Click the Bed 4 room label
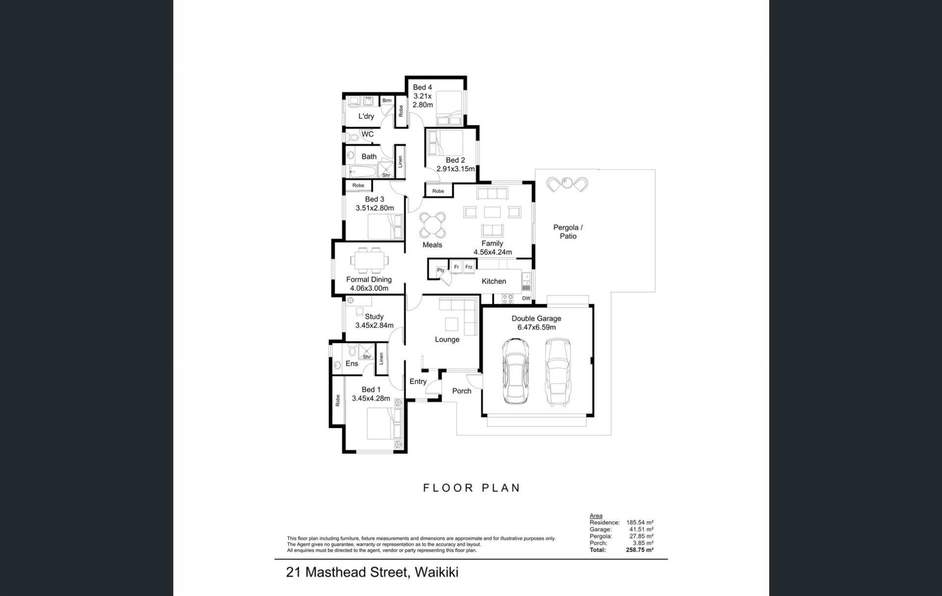coord(422,87)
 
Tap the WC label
coord(367,134)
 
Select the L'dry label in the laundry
coord(366,116)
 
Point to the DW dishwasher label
coord(526,298)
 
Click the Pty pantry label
coord(441,270)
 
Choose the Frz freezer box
coord(469,267)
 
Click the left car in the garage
coord(515,371)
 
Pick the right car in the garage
coord(558,372)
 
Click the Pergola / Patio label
coord(568,232)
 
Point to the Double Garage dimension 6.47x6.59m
coord(536,327)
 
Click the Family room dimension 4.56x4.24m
coord(493,252)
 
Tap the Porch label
coord(462,391)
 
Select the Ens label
coord(352,364)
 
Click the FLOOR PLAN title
coord(471,488)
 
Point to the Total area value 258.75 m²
coord(640,550)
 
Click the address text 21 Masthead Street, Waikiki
coord(372,572)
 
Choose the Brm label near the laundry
coord(387,101)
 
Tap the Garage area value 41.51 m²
coord(641,530)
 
